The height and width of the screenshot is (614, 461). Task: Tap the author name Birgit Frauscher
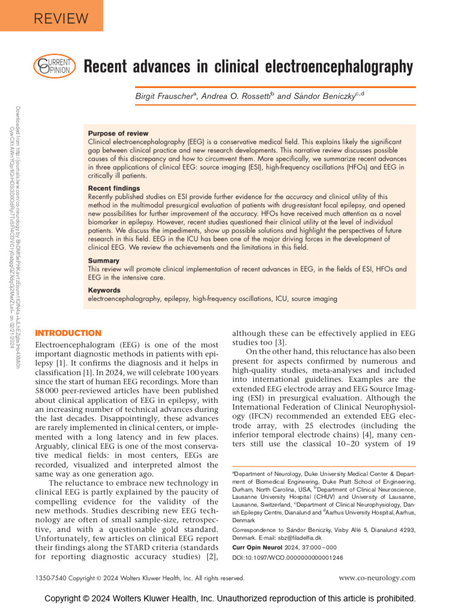[169, 96]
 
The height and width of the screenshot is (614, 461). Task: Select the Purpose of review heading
[118, 133]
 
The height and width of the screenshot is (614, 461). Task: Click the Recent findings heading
[114, 188]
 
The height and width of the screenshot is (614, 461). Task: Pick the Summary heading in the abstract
[103, 261]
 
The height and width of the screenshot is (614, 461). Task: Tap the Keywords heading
[105, 290]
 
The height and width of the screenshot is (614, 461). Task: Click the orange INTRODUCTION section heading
[68, 333]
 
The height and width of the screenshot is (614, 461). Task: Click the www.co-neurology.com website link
[377, 578]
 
